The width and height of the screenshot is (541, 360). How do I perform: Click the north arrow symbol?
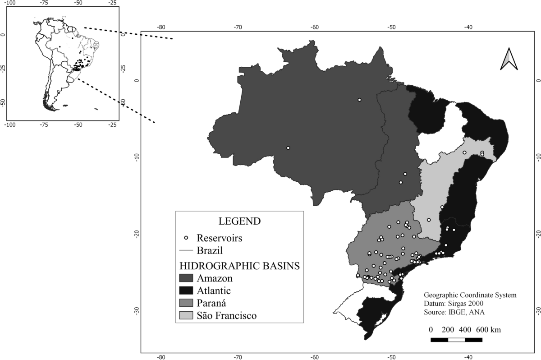pyautogui.click(x=509, y=59)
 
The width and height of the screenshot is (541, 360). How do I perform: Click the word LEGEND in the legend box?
pyautogui.click(x=239, y=222)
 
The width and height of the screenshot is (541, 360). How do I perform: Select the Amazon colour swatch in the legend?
pyautogui.click(x=186, y=277)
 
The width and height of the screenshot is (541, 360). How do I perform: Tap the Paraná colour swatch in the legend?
pyautogui.click(x=186, y=303)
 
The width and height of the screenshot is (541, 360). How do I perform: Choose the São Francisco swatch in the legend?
pyautogui.click(x=186, y=315)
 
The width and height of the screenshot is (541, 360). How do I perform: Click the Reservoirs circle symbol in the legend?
pyautogui.click(x=186, y=237)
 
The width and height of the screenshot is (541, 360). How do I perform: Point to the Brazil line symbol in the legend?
pyautogui.click(x=186, y=250)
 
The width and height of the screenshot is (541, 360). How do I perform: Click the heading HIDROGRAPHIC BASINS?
pyautogui.click(x=239, y=265)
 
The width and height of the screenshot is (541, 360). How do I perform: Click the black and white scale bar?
pyautogui.click(x=456, y=339)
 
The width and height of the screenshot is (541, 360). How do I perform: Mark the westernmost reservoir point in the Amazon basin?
pyautogui.click(x=288, y=148)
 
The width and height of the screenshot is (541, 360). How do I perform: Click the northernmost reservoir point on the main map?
pyautogui.click(x=359, y=100)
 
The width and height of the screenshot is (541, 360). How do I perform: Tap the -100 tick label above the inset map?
pyautogui.click(x=10, y=3)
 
